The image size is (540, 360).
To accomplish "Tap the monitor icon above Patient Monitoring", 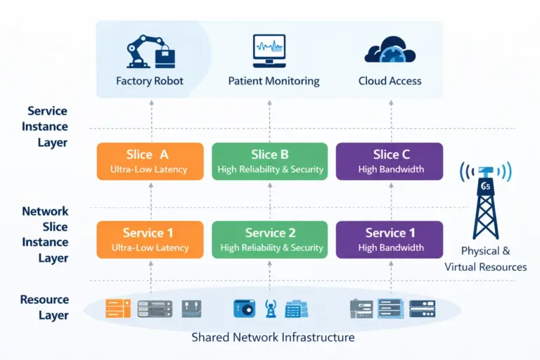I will click(x=269, y=51).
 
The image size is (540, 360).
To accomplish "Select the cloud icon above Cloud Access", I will click(x=390, y=51).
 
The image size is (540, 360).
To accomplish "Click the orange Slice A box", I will click(x=150, y=161).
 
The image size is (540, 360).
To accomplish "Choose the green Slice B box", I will click(x=269, y=161).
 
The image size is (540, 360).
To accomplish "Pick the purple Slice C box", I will click(x=390, y=161).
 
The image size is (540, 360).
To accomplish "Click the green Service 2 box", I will click(x=269, y=240).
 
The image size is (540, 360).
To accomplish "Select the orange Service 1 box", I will click(x=150, y=240).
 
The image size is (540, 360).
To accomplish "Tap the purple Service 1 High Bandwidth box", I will click(x=390, y=240).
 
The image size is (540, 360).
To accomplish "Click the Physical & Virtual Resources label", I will click(x=485, y=259).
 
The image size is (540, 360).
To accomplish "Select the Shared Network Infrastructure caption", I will click(x=273, y=337).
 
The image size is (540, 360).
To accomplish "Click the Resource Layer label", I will click(x=44, y=307).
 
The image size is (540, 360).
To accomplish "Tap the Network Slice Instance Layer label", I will click(x=45, y=234).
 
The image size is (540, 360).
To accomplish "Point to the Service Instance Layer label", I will click(x=47, y=127).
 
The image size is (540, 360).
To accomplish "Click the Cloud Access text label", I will click(x=390, y=81).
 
